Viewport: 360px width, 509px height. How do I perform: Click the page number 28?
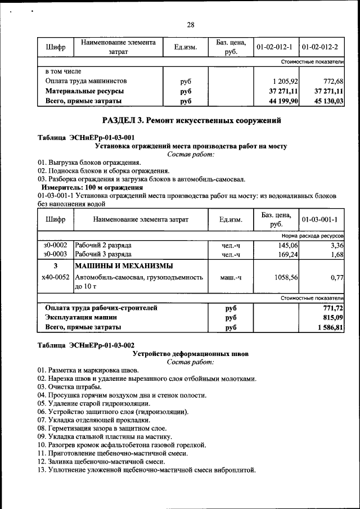(190, 24)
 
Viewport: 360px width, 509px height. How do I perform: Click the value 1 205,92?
(285, 81)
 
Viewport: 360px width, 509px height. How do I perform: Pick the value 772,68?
(332, 81)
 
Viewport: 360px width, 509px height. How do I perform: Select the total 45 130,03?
(326, 101)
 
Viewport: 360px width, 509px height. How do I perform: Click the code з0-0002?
(55, 245)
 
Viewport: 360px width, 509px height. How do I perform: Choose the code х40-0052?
(55, 277)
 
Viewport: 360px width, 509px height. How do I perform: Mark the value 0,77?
(336, 277)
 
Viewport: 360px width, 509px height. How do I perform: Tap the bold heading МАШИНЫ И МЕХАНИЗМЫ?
(124, 265)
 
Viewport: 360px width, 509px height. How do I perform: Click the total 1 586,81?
(330, 327)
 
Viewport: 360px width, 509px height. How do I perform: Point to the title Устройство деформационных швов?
(190, 354)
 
